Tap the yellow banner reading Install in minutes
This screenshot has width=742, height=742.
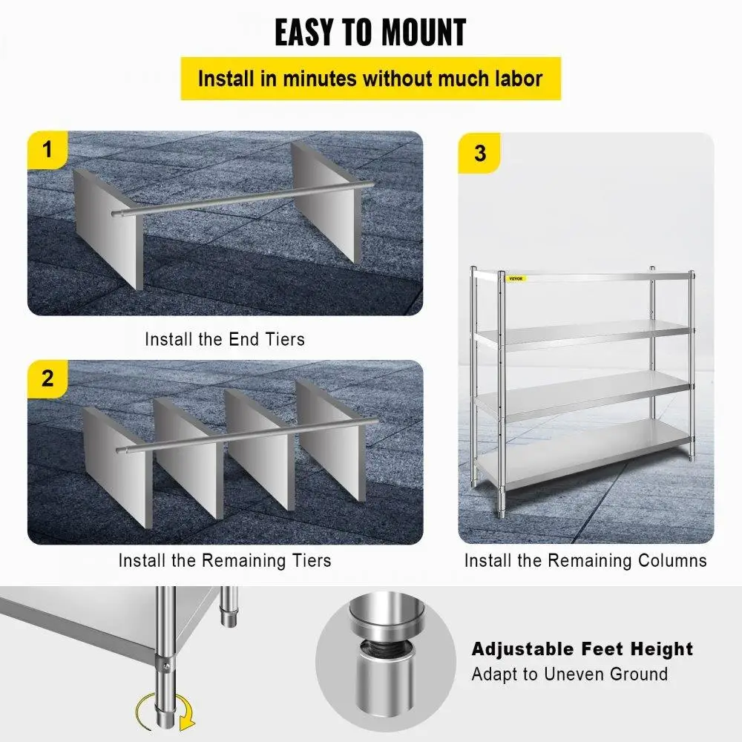(x=370, y=78)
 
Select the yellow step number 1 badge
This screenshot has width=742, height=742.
(x=47, y=151)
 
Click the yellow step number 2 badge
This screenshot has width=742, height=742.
(x=47, y=379)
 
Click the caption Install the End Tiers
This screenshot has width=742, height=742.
(x=224, y=340)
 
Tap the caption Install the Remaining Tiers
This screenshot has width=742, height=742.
(x=224, y=560)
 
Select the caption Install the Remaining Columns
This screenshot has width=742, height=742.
(x=585, y=560)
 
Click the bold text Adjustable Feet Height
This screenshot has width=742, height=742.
(x=582, y=649)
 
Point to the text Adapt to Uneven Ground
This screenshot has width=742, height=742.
(x=569, y=674)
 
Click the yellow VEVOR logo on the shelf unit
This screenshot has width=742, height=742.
(x=515, y=279)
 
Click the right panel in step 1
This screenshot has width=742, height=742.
(x=326, y=200)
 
